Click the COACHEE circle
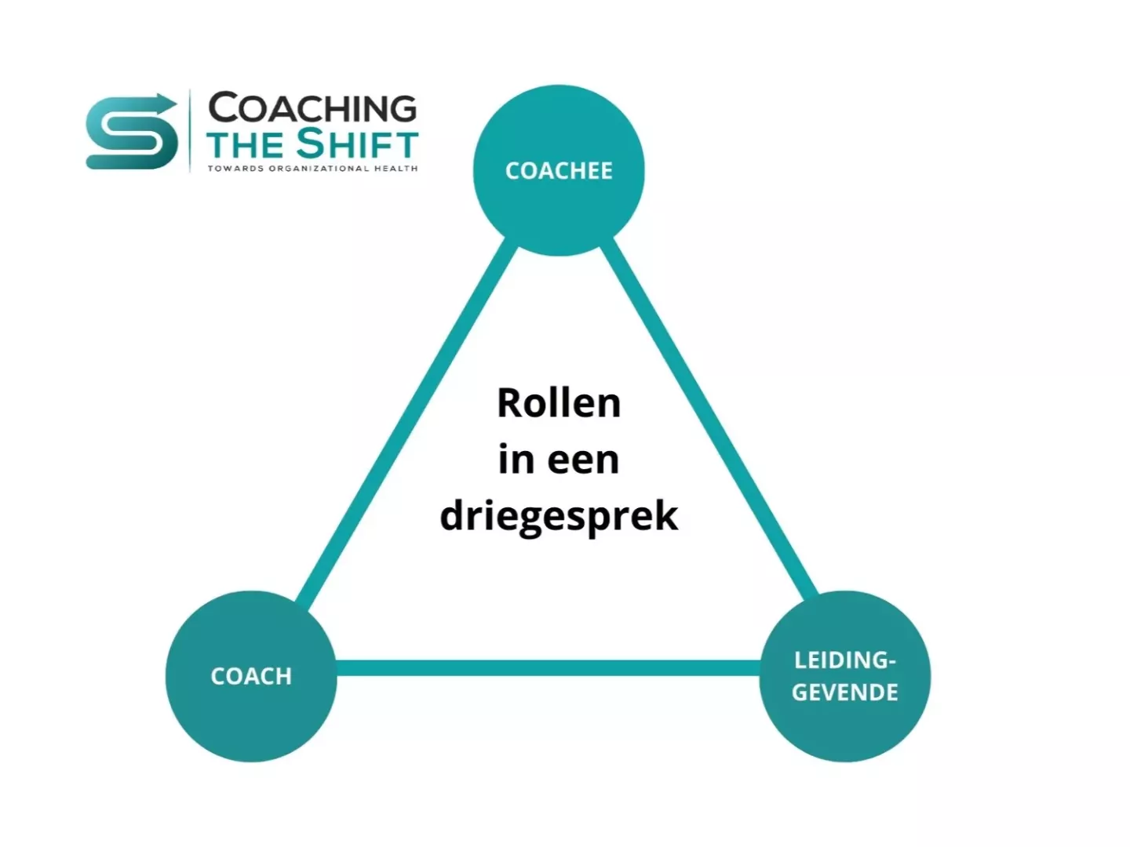(x=559, y=170)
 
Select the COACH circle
(x=251, y=676)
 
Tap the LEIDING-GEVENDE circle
(x=845, y=676)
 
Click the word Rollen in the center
(x=559, y=402)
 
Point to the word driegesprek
(x=559, y=516)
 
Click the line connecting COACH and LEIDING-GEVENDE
(x=549, y=667)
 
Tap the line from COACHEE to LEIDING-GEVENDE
(x=709, y=419)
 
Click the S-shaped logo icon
(x=131, y=132)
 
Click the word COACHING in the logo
(x=312, y=107)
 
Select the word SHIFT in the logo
(x=357, y=144)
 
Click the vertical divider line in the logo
(x=190, y=131)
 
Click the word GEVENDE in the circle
(x=845, y=693)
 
